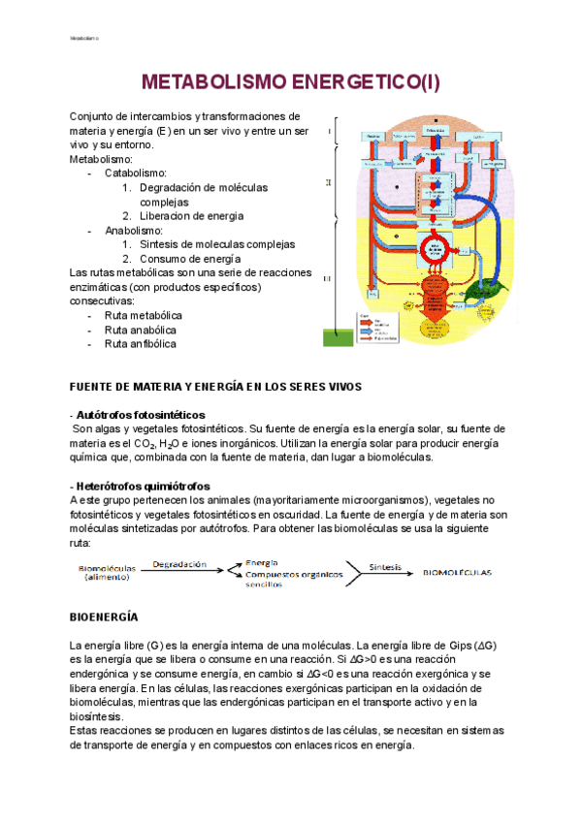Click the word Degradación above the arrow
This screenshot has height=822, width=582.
[x=179, y=563]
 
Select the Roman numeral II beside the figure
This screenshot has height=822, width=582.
[x=329, y=182]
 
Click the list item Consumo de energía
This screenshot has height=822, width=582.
[x=190, y=259]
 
